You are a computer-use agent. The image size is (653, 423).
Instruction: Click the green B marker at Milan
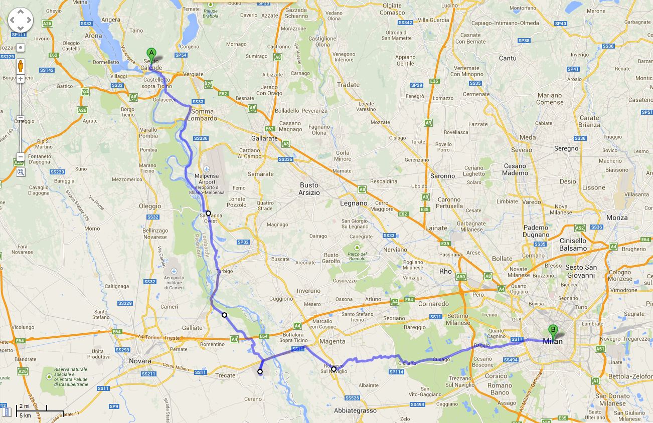click(x=553, y=330)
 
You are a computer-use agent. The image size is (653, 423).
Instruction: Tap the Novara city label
click(x=140, y=361)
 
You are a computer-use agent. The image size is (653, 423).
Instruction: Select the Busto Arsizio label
click(x=309, y=188)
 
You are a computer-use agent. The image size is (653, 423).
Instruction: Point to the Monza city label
click(x=617, y=218)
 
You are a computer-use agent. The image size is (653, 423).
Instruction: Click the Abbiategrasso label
click(x=355, y=410)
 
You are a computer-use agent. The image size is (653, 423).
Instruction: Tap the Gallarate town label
click(x=264, y=138)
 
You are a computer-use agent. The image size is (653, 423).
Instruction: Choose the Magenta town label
click(x=333, y=341)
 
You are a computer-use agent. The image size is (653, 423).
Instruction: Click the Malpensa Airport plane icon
click(x=207, y=169)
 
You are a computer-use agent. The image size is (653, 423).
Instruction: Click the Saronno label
click(x=442, y=176)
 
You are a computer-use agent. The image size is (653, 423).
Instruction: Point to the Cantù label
click(x=508, y=58)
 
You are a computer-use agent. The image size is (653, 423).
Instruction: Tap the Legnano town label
click(x=354, y=203)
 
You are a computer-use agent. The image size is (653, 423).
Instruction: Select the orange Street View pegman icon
click(x=21, y=66)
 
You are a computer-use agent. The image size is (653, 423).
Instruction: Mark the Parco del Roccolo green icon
click(x=357, y=248)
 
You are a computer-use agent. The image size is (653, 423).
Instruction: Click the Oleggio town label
click(x=150, y=206)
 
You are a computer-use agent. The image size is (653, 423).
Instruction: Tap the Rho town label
click(x=445, y=271)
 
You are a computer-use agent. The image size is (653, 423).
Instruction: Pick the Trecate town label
click(x=225, y=375)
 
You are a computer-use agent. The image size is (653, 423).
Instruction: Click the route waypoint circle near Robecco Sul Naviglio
click(x=334, y=369)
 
